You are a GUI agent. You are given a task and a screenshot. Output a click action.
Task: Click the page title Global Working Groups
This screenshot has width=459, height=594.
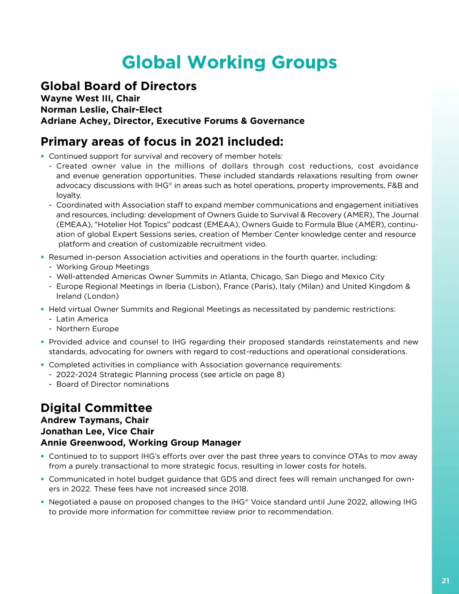pos(229,62)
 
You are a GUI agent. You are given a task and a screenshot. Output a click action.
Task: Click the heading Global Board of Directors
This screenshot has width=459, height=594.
pos(119,86)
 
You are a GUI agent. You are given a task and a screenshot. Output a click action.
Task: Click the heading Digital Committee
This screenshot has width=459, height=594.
pos(96,408)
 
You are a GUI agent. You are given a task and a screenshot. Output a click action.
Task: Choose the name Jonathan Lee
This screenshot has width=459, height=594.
pos(70,431)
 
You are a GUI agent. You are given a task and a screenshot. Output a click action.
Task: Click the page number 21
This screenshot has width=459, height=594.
pos(445,581)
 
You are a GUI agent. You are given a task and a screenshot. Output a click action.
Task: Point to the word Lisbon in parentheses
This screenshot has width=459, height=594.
pos(203,286)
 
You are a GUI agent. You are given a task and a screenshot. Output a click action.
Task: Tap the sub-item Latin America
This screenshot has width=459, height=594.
pos(82,319)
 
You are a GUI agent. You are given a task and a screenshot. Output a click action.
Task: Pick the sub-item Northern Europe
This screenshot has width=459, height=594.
pos(87,329)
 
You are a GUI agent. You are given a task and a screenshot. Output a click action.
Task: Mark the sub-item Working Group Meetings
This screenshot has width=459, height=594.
pos(103,267)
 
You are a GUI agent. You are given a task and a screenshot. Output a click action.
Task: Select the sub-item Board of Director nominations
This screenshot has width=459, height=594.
pos(112,384)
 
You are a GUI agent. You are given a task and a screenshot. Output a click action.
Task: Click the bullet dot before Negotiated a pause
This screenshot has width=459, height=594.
pos(42,502)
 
